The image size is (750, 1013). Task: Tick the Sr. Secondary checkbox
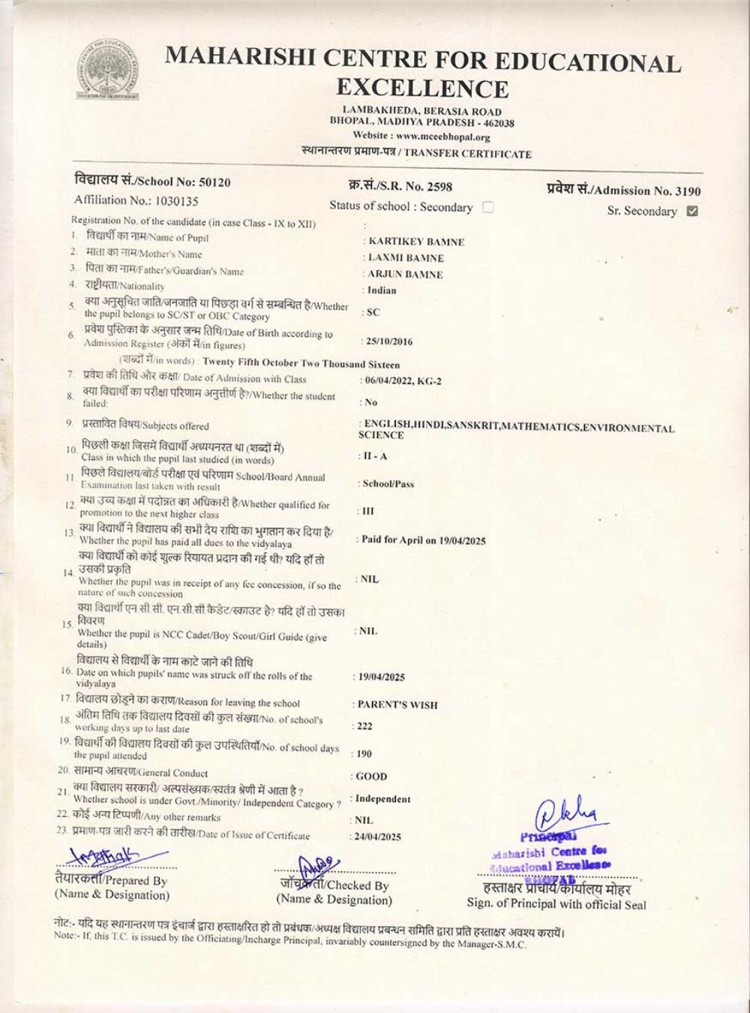(692, 211)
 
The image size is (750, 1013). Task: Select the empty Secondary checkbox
(487, 207)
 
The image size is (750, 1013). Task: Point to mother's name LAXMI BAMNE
(406, 258)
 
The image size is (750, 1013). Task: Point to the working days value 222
(365, 726)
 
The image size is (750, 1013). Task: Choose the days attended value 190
(365, 754)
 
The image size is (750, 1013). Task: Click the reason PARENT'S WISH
(397, 705)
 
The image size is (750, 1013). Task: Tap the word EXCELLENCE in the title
(422, 89)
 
